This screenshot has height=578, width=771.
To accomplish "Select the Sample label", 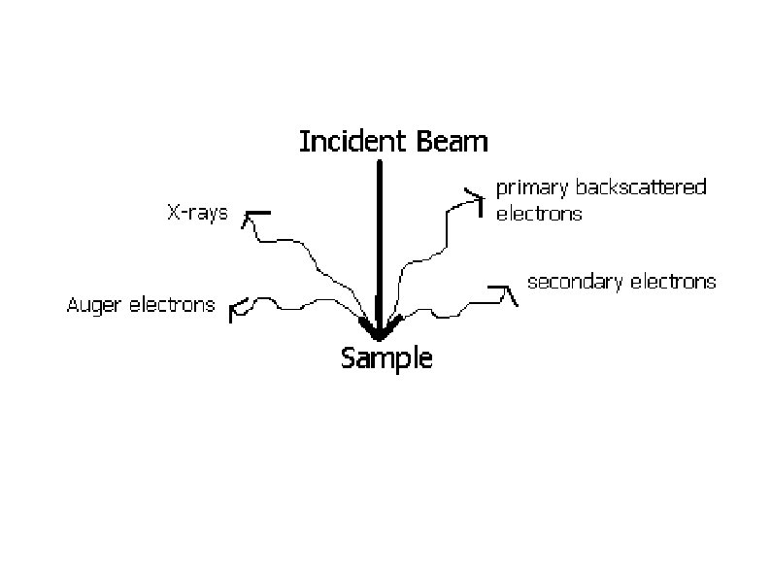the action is click(x=386, y=358).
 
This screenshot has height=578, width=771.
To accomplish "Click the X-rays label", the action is click(x=197, y=213).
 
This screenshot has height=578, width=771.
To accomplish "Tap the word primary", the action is click(x=531, y=187).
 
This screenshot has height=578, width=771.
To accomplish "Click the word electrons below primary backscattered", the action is click(x=538, y=214).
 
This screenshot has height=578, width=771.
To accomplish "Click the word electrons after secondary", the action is click(x=673, y=282).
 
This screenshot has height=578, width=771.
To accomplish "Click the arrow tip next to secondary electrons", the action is click(x=505, y=290).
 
